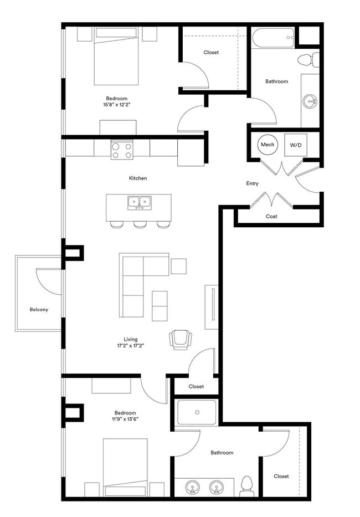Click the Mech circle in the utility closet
[268, 145]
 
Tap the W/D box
[295, 145]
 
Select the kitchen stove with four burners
[122, 150]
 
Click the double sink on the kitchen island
[140, 203]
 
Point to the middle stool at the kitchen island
[140, 224]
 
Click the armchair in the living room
[181, 339]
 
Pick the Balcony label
[39, 310]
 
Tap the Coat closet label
[271, 217]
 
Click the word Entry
[253, 183]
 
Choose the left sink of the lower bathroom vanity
[192, 488]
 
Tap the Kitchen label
[138, 178]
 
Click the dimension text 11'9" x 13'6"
[125, 419]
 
